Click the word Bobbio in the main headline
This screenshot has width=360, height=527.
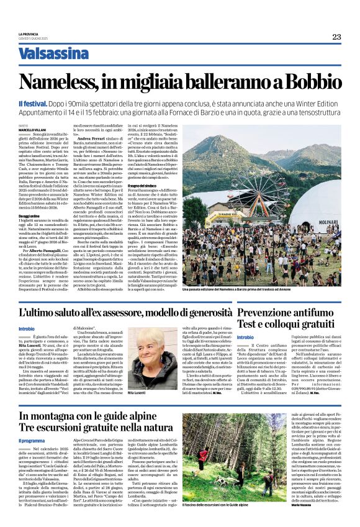(307, 81)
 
